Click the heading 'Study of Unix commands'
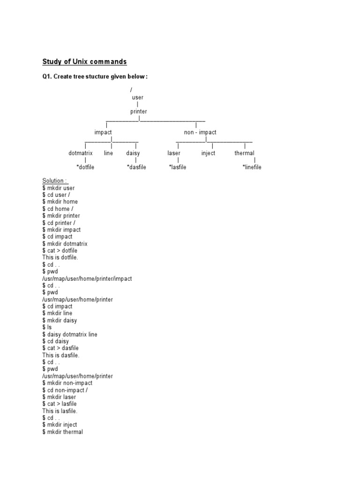pos(84,61)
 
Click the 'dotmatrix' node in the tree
pos(81,153)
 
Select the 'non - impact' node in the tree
pos(200,132)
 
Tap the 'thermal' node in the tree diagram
pos(244,153)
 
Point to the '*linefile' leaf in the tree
pos(252,167)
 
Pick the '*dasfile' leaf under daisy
pos(136,167)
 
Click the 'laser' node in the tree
pos(174,153)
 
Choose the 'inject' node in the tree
pos(208,153)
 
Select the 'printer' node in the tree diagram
pos(139,112)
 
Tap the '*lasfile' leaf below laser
pos(178,167)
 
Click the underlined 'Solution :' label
pos(55,180)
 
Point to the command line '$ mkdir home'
pos(60,202)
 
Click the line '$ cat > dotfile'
pos(60,250)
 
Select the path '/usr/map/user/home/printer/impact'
pos(87,278)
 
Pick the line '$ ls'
pos(47,327)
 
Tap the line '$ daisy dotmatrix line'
pos(70,334)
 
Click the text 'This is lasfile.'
pos(60,411)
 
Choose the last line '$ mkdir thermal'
pos(63,432)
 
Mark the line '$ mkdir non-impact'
pos(67,382)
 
